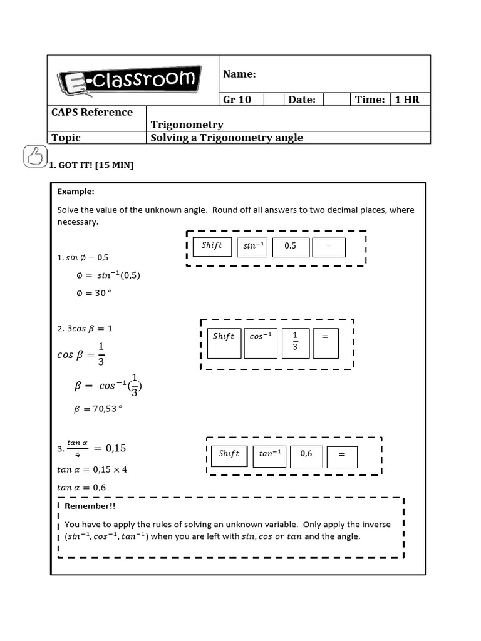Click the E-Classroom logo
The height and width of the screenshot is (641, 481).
click(x=129, y=80)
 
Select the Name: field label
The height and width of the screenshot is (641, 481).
click(x=239, y=74)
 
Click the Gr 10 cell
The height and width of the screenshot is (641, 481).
click(x=237, y=100)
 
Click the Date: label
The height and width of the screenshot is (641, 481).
click(x=302, y=100)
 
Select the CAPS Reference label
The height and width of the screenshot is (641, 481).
click(x=92, y=112)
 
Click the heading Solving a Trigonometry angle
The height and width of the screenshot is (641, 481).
click(x=227, y=138)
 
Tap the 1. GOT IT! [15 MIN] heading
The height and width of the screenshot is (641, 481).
click(x=91, y=165)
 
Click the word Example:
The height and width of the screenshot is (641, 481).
click(x=76, y=192)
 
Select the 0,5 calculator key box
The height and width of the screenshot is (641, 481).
click(x=291, y=247)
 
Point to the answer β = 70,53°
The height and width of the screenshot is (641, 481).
click(x=98, y=409)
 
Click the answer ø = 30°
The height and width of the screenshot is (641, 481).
click(x=92, y=293)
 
